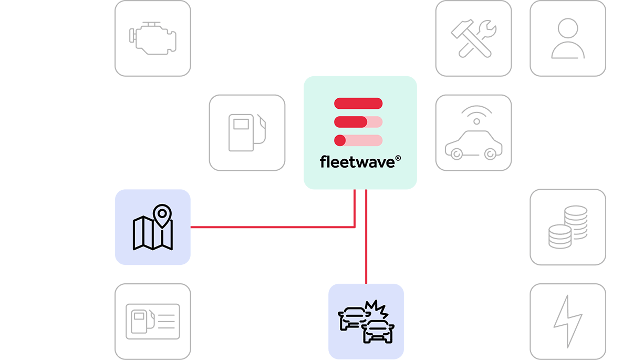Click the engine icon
pyautogui.click(x=152, y=38)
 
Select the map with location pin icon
pyautogui.click(x=152, y=227)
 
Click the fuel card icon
pyautogui.click(x=152, y=321)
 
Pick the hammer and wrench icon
pyautogui.click(x=473, y=38)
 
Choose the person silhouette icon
pyautogui.click(x=567, y=38)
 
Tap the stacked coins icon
pyautogui.click(x=567, y=227)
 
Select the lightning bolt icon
pyautogui.click(x=567, y=321)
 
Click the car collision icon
pyautogui.click(x=366, y=321)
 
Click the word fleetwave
pyautogui.click(x=357, y=161)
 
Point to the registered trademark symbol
pyautogui.click(x=398, y=157)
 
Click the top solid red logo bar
pyautogui.click(x=358, y=103)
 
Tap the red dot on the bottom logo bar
pyautogui.click(x=340, y=140)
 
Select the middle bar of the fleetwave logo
pyautogui.click(x=358, y=122)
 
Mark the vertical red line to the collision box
pyautogui.click(x=366, y=236)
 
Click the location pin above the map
pyautogui.click(x=162, y=215)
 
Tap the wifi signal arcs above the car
pyautogui.click(x=476, y=112)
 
